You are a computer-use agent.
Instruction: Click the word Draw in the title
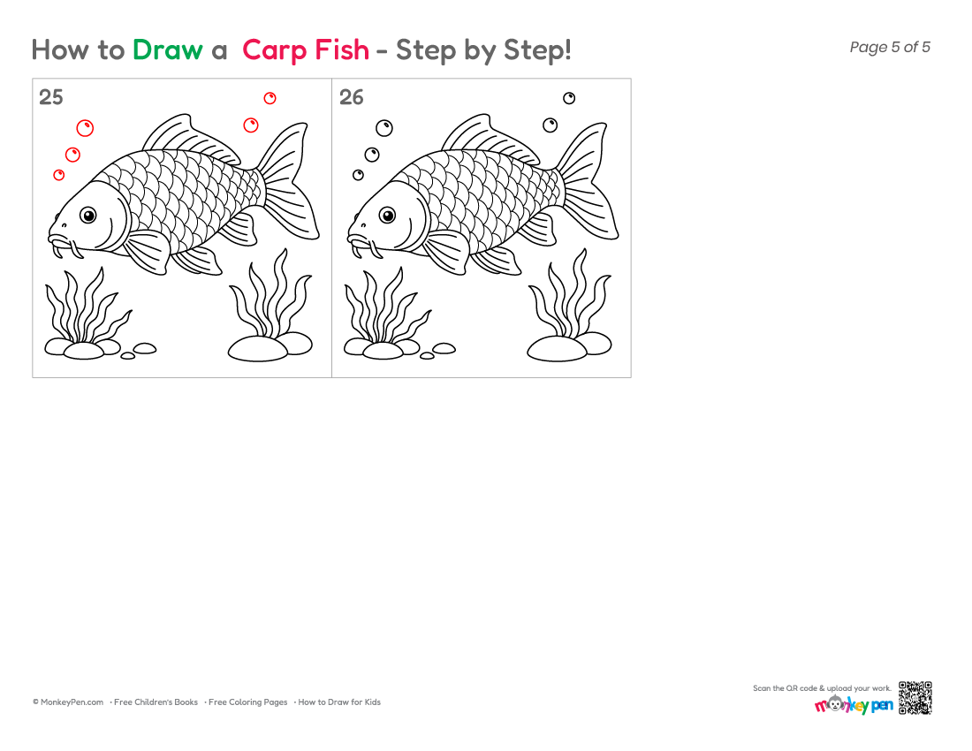point(167,49)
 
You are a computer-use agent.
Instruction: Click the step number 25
point(51,97)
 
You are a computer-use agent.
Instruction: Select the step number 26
point(351,97)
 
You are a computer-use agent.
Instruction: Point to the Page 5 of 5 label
point(890,47)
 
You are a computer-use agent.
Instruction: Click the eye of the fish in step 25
point(88,216)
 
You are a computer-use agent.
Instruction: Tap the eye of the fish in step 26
point(387,216)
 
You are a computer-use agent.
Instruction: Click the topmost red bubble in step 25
point(270,98)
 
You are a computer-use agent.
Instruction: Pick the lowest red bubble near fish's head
point(59,175)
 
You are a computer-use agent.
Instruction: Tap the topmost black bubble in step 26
point(569,98)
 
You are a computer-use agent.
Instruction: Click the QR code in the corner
point(915,698)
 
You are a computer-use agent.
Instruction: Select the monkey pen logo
point(854,705)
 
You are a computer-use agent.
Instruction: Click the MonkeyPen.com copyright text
point(68,702)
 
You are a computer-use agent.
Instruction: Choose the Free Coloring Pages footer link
point(248,702)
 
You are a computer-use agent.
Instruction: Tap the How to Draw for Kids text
point(339,702)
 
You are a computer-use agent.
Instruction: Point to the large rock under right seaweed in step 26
point(556,348)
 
